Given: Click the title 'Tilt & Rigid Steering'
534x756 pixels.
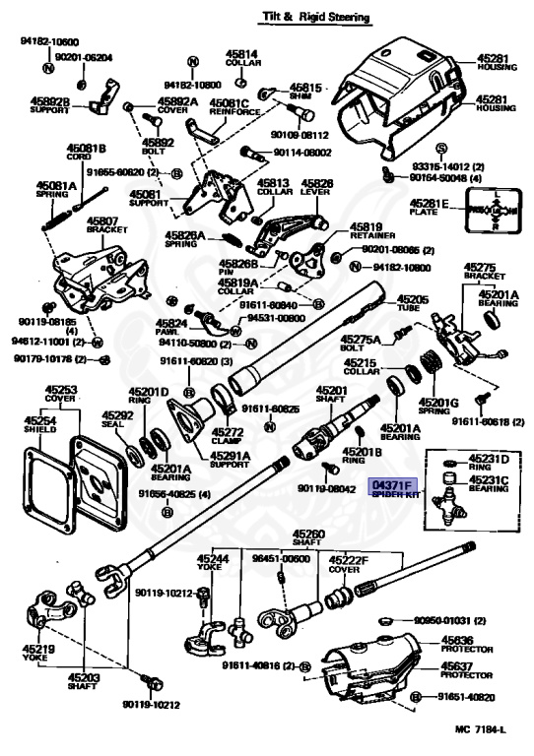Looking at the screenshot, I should [x=314, y=16].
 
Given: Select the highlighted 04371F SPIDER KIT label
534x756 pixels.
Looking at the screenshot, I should [x=392, y=490].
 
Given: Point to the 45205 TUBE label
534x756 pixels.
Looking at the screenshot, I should [x=412, y=303].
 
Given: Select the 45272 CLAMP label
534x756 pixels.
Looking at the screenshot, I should [x=229, y=437].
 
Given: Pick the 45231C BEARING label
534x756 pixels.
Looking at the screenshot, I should [x=489, y=485].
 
